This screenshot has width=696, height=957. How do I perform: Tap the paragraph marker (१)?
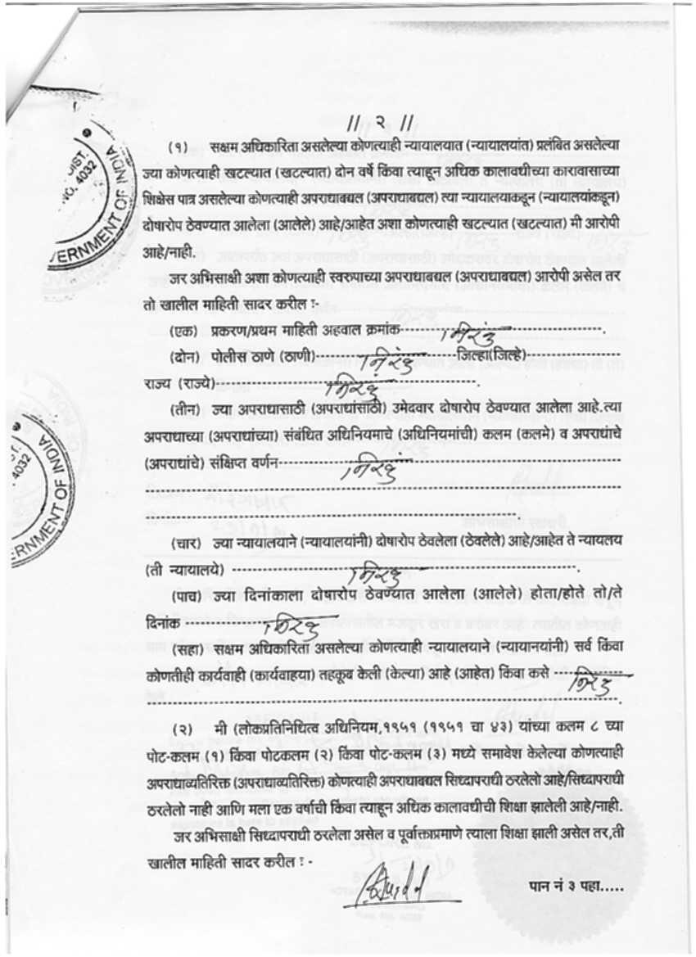click(x=179, y=147)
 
